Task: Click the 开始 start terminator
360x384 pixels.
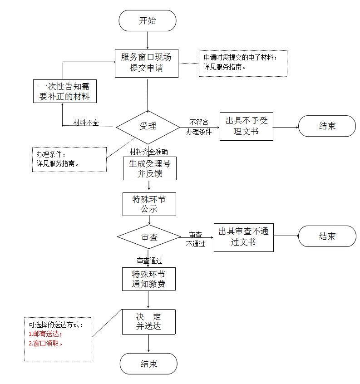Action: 147,20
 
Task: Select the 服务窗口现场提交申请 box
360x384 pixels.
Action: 147,63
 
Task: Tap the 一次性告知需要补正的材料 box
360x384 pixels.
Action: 64,91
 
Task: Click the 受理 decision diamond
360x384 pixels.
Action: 148,126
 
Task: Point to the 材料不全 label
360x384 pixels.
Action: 86,123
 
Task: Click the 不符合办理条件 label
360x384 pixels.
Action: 199,127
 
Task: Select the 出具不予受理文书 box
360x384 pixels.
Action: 247,126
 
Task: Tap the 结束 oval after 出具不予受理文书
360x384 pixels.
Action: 327,126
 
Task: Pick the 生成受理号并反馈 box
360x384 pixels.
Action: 149,168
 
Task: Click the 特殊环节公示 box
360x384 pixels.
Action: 149,204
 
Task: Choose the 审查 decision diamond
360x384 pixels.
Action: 149,237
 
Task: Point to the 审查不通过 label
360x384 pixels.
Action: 196,240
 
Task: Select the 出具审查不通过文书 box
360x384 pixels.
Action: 243,237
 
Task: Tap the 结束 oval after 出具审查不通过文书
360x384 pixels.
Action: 327,236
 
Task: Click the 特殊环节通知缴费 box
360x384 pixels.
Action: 148,279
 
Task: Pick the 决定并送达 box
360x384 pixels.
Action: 148,321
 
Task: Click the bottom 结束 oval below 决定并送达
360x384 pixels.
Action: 148,364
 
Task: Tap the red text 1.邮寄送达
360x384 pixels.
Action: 45,334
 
